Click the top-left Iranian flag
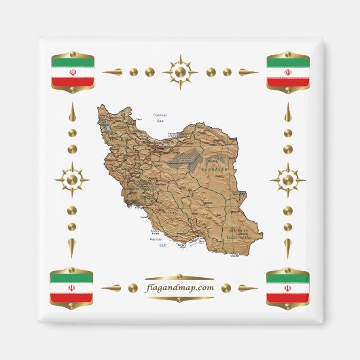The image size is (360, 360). point(72,71)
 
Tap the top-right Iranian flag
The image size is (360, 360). point(287,71)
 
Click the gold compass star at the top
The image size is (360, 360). point(180,71)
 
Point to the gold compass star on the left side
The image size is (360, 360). point(72,180)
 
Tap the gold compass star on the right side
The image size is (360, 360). point(287,180)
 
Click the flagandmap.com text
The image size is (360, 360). point(179,287)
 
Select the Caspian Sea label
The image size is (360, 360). point(160,118)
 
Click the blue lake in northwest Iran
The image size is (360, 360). point(107,127)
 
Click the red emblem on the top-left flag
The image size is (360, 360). point(72,71)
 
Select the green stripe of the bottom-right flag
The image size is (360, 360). point(287,276)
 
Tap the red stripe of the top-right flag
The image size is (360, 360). point(287,82)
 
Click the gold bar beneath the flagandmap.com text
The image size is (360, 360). point(179,298)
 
